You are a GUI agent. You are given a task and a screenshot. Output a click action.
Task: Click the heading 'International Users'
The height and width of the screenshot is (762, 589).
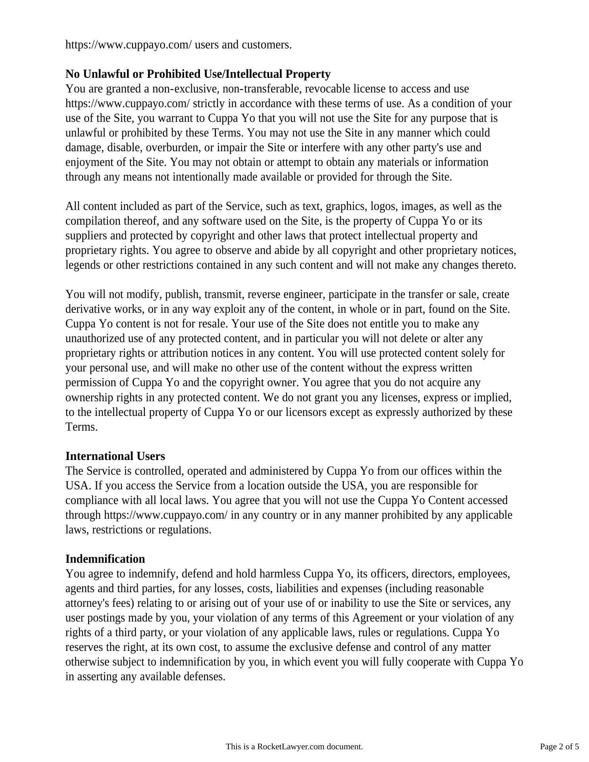point(115,456)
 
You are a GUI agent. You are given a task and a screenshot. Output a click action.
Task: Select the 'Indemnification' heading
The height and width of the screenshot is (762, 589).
point(105,559)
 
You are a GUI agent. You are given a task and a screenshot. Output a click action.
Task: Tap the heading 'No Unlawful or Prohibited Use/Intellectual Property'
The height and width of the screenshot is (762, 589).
point(198,74)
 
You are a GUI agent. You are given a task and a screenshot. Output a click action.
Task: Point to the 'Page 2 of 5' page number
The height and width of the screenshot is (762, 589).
point(559,747)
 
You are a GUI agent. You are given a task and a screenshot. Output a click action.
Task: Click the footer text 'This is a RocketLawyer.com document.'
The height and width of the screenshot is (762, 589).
point(294,747)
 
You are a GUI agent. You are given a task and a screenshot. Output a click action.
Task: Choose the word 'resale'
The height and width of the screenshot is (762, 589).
point(213,324)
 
